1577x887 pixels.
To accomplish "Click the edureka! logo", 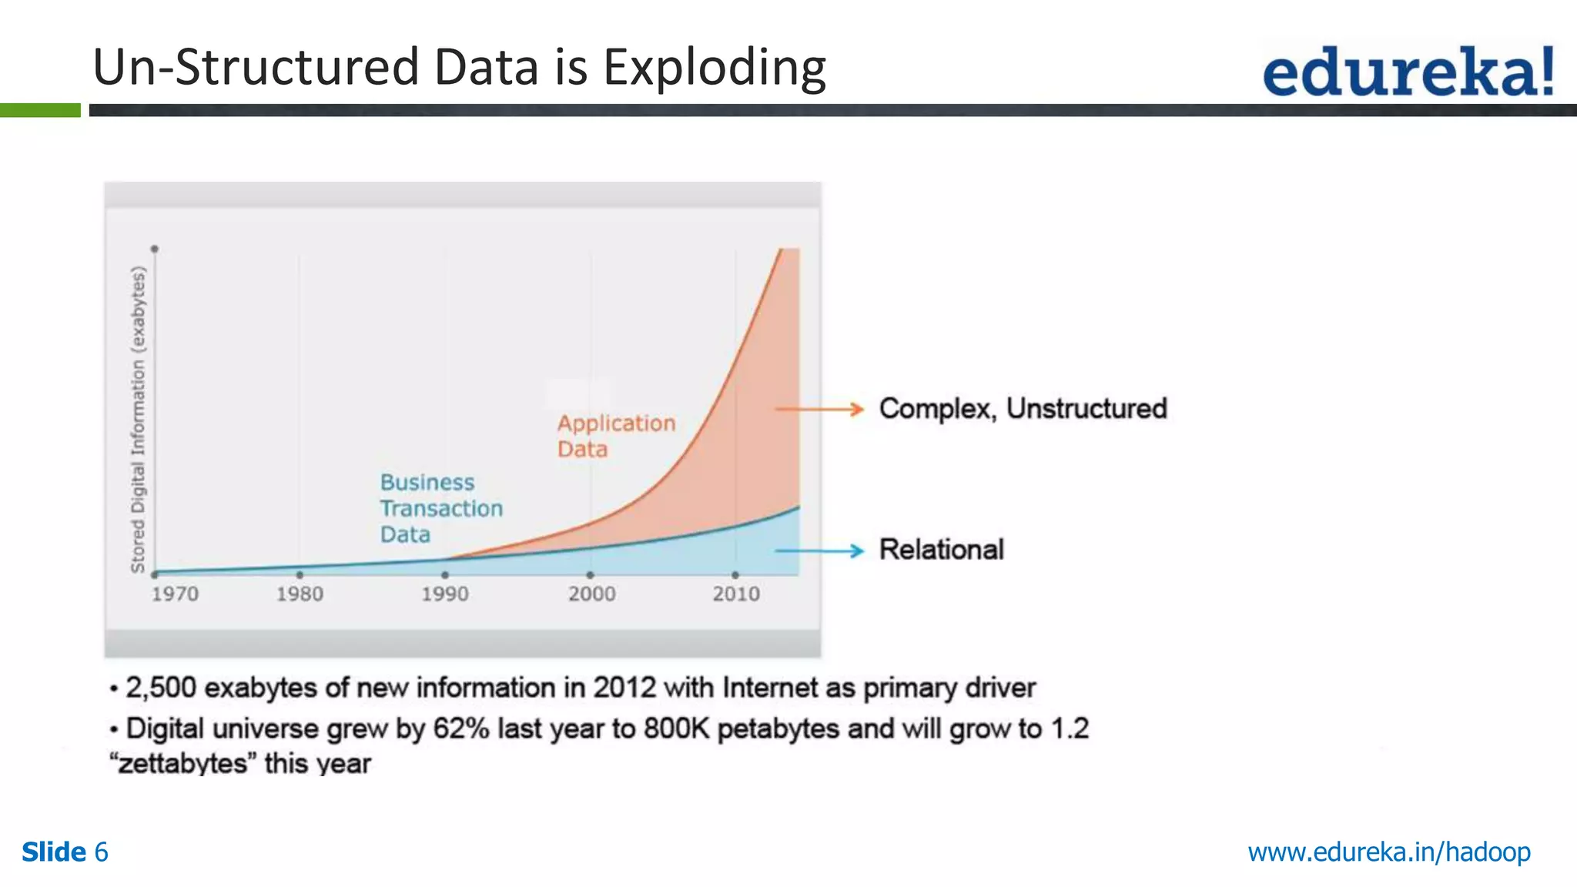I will pyautogui.click(x=1408, y=71).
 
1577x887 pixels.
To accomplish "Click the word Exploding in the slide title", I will pyautogui.click(x=714, y=68).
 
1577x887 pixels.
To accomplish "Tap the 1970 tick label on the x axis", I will pyautogui.click(x=175, y=594).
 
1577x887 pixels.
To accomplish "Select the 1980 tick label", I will pyautogui.click(x=300, y=594).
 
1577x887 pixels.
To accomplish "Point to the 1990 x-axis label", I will pyautogui.click(x=444, y=594).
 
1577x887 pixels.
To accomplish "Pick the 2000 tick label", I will pyautogui.click(x=591, y=594).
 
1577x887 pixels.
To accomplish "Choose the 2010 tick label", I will pyautogui.click(x=735, y=594).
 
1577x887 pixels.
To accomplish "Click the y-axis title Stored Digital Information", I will pyautogui.click(x=138, y=420).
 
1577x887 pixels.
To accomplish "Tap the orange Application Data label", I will pyautogui.click(x=615, y=436).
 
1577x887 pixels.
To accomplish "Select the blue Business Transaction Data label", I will pyautogui.click(x=440, y=508).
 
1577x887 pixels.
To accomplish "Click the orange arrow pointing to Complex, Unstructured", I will pyautogui.click(x=819, y=409).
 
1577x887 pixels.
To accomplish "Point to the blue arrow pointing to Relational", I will pyautogui.click(x=819, y=551).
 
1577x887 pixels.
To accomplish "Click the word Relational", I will pyautogui.click(x=941, y=550).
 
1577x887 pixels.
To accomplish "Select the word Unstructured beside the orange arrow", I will pyautogui.click(x=1086, y=409).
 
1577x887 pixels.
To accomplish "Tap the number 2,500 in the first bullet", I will pyautogui.click(x=161, y=688).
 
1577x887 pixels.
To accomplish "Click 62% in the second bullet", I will pyautogui.click(x=460, y=728).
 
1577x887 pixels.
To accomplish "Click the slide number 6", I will pyautogui.click(x=101, y=852).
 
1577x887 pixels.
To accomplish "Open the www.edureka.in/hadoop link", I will pyautogui.click(x=1388, y=852).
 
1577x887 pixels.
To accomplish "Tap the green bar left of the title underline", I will pyautogui.click(x=40, y=110).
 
